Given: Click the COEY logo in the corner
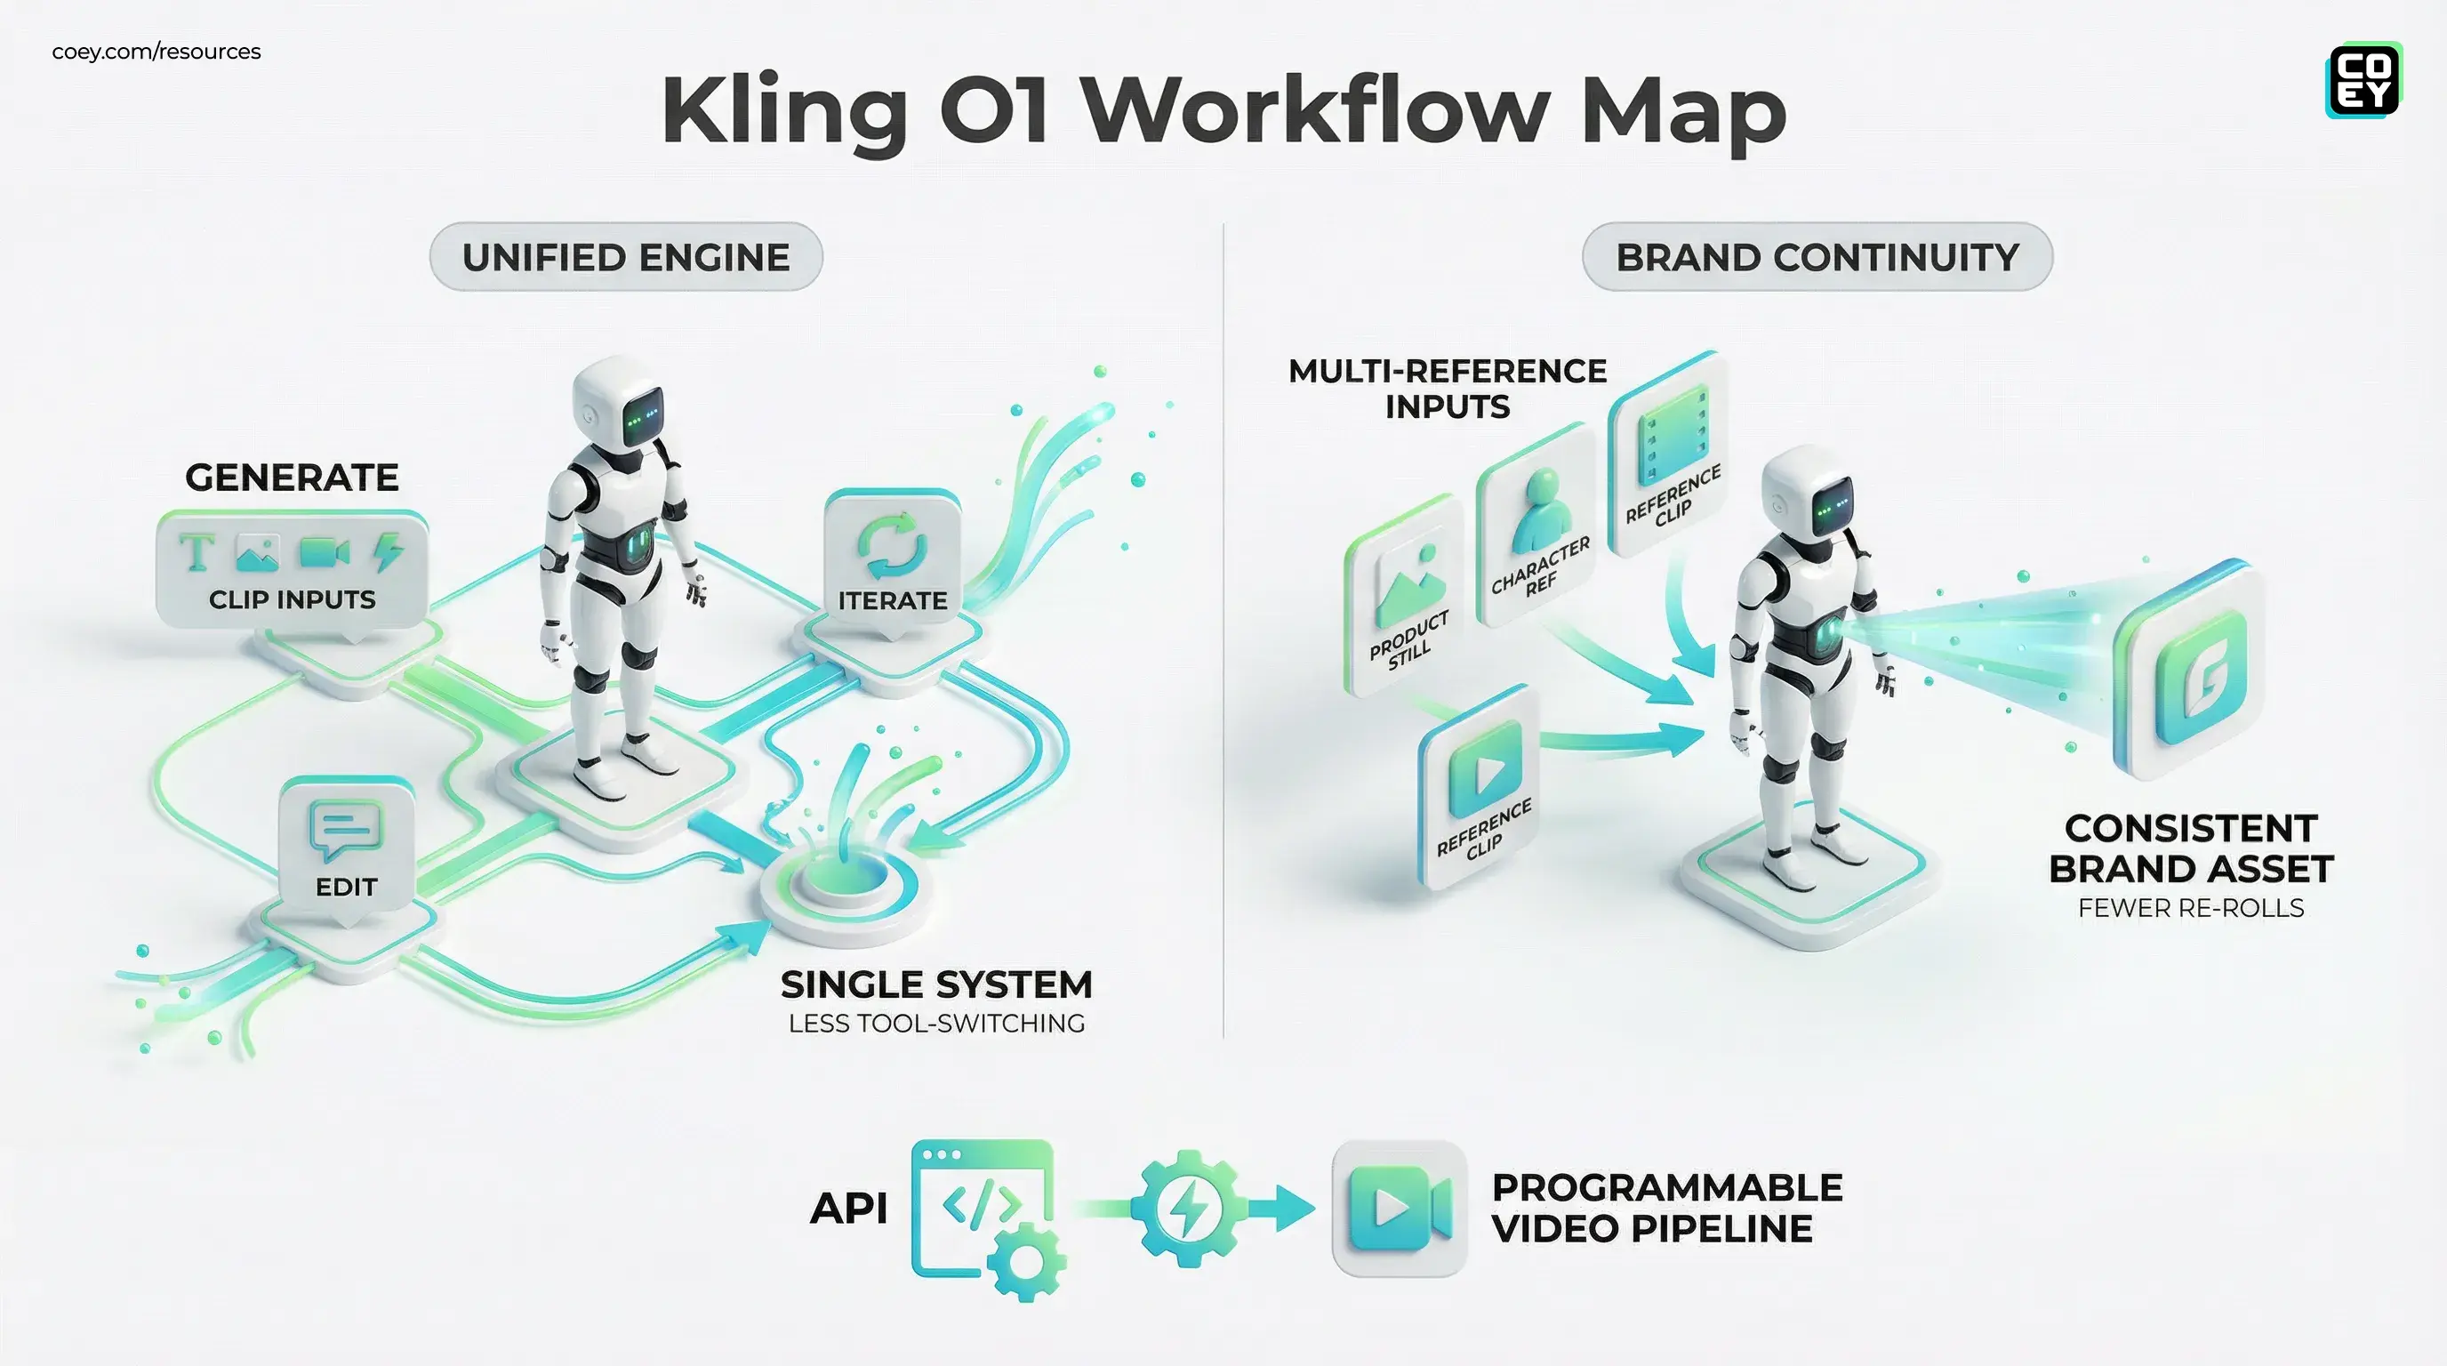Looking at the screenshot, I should coord(2363,81).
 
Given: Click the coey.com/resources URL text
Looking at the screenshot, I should coord(156,52).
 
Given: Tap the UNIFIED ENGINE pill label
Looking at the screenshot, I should coord(626,257).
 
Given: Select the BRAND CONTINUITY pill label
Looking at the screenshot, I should coord(1817,257).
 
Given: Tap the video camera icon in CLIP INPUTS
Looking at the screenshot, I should coord(323,553).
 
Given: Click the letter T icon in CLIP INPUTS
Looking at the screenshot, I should coord(197,553).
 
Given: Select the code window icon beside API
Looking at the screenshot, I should coord(983,1211).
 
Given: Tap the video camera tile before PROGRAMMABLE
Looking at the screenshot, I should coord(1399,1209).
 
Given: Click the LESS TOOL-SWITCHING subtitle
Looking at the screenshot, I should coord(935,1023).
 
